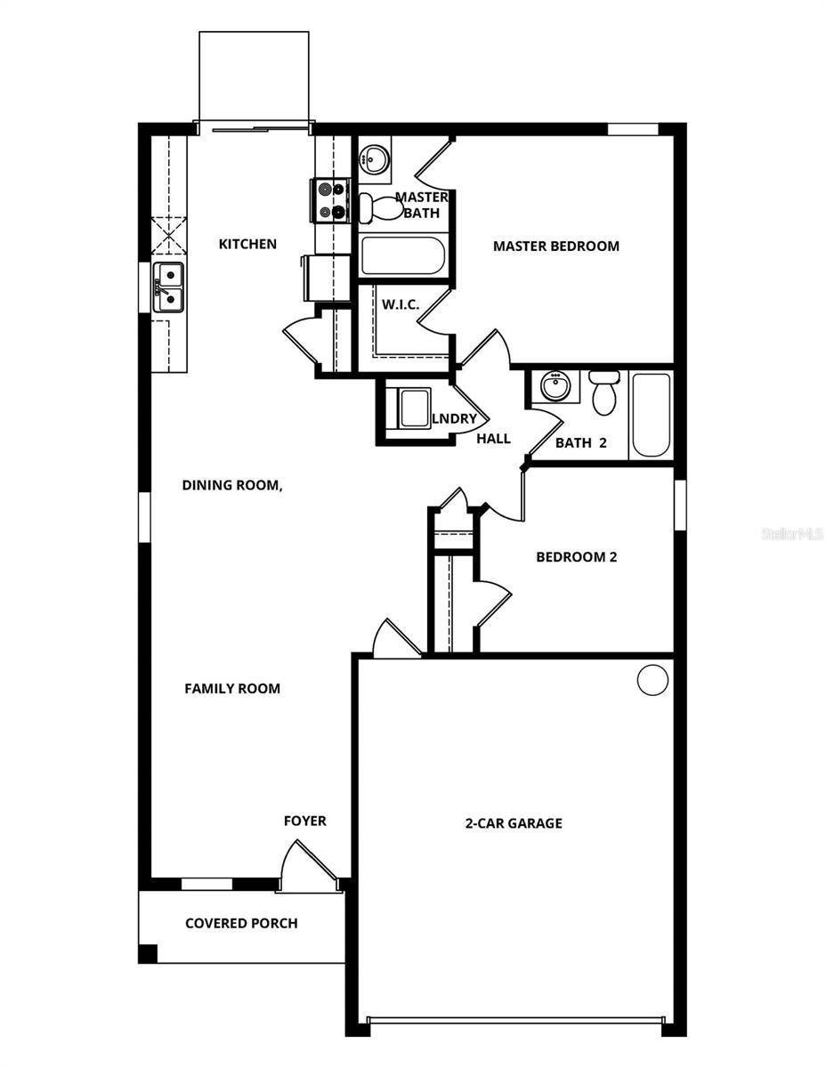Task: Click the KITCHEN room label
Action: [x=247, y=244]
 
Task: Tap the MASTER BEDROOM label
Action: [x=555, y=246]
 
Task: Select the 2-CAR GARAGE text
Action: [x=514, y=823]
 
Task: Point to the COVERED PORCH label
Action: [x=241, y=923]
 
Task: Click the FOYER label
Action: [x=304, y=821]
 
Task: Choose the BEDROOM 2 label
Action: [x=576, y=557]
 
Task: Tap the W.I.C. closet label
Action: [x=401, y=304]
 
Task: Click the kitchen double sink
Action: [x=168, y=287]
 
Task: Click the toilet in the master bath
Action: [x=377, y=207]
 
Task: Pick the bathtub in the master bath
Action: [x=402, y=256]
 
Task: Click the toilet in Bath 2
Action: [x=604, y=392]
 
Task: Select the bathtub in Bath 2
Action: [x=651, y=416]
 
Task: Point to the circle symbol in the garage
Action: [x=652, y=680]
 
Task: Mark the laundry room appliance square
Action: [x=414, y=409]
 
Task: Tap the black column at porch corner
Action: [x=148, y=953]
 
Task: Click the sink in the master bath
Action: [x=374, y=161]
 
